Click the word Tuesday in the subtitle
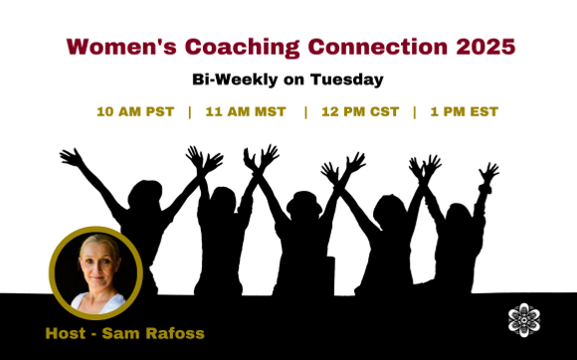pos(349,79)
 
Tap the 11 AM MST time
pos(245,111)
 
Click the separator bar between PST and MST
pos(189,111)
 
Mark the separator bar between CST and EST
pos(415,111)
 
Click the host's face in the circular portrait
pos(96,268)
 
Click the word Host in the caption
pos(66,332)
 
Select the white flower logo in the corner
pos(523,319)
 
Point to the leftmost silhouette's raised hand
pos(70,157)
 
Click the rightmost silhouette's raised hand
pos(487,173)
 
